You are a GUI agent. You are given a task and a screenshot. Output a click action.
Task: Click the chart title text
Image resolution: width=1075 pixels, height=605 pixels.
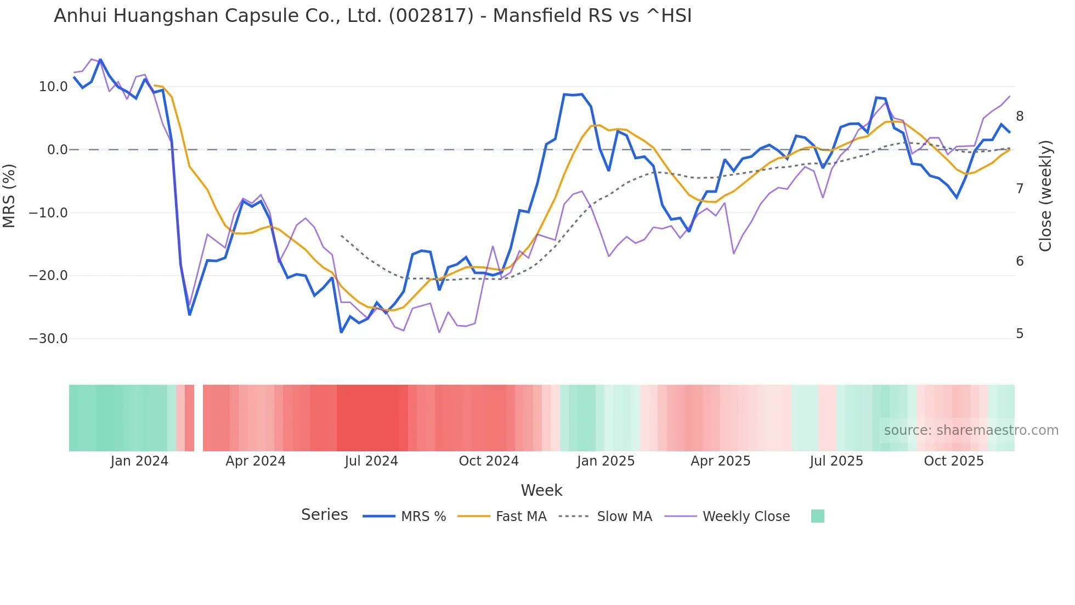(x=373, y=16)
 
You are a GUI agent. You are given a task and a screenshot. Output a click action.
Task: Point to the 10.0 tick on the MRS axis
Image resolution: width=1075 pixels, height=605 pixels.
(x=53, y=87)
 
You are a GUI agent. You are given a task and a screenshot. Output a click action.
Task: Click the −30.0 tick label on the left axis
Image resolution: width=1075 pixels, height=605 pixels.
(x=48, y=339)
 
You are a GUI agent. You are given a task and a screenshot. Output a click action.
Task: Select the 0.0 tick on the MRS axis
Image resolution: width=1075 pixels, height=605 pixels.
(x=57, y=150)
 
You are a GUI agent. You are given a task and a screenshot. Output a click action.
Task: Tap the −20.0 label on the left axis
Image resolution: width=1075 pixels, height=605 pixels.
(x=48, y=276)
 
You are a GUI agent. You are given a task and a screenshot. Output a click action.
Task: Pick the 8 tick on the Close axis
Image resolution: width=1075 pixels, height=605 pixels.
(x=1020, y=116)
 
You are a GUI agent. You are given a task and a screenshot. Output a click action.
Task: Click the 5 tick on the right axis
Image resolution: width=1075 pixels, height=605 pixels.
(x=1020, y=334)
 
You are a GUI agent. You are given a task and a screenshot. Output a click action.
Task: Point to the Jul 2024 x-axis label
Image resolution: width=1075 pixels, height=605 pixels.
(x=371, y=461)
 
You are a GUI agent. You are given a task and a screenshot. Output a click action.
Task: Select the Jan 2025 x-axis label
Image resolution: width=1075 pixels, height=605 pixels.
(x=606, y=461)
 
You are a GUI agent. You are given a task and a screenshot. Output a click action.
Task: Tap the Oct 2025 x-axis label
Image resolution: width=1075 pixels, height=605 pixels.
(x=954, y=461)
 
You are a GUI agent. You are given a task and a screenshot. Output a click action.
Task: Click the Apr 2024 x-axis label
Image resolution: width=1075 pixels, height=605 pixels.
(x=256, y=461)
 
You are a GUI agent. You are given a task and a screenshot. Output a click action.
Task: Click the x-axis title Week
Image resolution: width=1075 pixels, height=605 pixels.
(x=541, y=490)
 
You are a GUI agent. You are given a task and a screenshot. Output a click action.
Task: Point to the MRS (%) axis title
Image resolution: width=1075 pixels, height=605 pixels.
(x=9, y=196)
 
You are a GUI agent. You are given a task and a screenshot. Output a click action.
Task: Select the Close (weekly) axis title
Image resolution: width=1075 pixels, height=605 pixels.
(x=1045, y=196)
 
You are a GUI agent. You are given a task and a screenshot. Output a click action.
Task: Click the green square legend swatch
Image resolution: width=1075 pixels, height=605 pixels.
(x=818, y=516)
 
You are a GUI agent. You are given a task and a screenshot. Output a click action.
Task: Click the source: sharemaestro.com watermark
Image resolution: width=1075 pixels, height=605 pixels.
(x=971, y=430)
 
